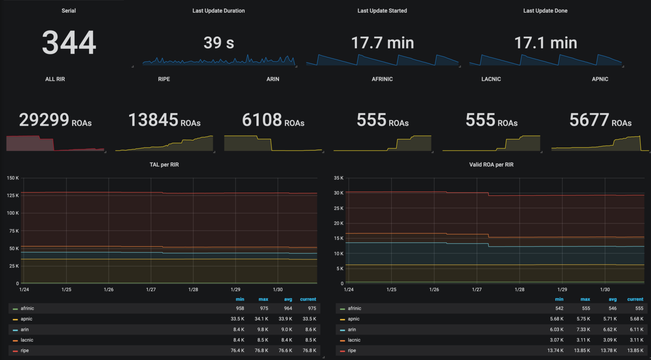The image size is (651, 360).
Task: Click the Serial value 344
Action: tap(69, 43)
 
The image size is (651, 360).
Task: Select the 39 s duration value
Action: tap(219, 43)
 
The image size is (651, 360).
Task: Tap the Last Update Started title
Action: tap(382, 11)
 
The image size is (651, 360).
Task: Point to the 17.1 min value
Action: tap(545, 43)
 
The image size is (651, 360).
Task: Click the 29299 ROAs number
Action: tap(44, 120)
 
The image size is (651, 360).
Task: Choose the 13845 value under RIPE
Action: tap(153, 120)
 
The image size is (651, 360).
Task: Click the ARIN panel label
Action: tap(273, 79)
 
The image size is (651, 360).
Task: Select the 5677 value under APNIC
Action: tap(589, 120)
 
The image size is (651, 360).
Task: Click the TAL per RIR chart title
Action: tap(164, 165)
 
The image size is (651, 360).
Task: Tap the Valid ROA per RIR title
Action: tap(491, 165)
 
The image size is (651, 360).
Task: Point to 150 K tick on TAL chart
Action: tap(13, 178)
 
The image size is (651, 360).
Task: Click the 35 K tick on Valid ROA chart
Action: tap(339, 178)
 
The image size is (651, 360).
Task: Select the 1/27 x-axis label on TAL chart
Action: tap(151, 290)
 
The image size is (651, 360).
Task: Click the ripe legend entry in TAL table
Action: tap(25, 351)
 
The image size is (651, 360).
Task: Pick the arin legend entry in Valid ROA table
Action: tap(352, 329)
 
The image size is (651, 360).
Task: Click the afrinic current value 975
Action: tap(312, 308)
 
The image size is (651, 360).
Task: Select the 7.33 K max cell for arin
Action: tap(583, 329)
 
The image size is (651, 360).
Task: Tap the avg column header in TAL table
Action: tap(288, 299)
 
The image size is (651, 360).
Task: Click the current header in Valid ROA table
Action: tap(635, 299)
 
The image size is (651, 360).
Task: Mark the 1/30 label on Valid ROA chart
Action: tap(605, 290)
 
